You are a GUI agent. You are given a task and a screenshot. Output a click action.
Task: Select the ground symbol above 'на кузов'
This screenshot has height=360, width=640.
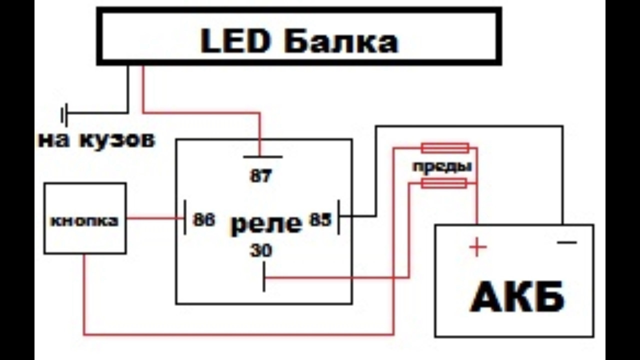coord(64,115)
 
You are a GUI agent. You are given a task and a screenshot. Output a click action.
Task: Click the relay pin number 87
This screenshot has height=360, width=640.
coord(260,175)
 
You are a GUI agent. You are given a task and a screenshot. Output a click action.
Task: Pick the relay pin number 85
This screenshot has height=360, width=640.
coord(320,220)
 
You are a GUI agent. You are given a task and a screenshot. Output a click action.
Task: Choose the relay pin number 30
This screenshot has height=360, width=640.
coord(261,250)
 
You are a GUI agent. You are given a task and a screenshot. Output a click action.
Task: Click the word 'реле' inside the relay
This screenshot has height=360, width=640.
coord(266,223)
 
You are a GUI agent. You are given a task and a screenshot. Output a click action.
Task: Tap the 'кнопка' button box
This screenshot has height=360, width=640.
coord(85,218)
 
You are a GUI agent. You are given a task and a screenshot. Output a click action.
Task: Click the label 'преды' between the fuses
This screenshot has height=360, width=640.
coord(442,166)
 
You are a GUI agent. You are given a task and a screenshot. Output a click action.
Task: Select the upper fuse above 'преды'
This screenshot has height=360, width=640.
coord(445,148)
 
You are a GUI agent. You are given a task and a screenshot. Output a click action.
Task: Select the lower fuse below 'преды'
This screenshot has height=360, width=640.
coord(444,183)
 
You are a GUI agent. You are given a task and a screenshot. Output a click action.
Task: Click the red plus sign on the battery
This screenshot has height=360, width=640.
coord(477,247)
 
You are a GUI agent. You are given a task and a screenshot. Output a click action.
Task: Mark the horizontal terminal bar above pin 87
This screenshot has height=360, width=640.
coord(262,156)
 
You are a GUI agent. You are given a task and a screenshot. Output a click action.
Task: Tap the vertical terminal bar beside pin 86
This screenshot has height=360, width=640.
coord(185,217)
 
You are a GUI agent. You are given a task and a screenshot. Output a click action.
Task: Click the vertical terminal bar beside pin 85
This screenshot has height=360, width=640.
coord(338,216)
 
